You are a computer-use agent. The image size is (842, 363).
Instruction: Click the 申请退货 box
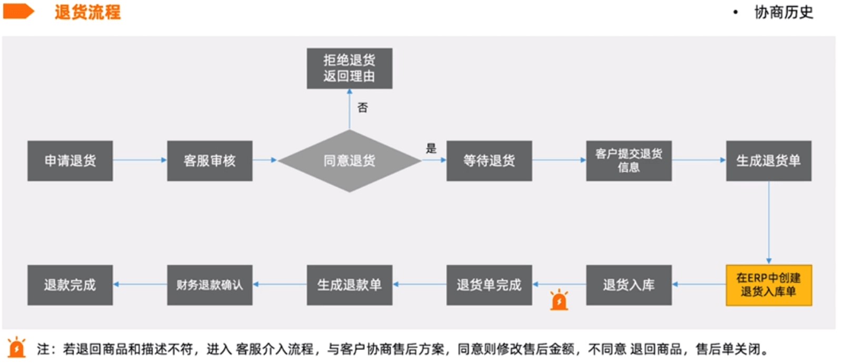(x=70, y=161)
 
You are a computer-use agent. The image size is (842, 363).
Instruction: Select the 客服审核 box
(x=209, y=161)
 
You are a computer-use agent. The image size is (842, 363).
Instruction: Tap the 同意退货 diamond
(x=349, y=161)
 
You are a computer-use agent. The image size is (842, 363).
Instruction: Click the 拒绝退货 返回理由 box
(x=349, y=68)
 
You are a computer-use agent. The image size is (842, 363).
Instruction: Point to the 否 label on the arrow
(x=363, y=108)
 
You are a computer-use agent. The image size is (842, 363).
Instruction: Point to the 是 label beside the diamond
(x=431, y=148)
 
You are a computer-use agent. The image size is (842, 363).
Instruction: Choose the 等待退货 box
(x=489, y=161)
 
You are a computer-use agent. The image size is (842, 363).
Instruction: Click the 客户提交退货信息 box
(x=629, y=161)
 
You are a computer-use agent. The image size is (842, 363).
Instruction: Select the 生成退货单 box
(x=768, y=161)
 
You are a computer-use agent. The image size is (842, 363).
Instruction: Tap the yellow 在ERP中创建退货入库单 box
(x=768, y=285)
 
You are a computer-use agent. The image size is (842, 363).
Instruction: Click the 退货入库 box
(x=629, y=285)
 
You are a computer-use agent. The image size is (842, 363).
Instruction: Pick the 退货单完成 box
(x=489, y=285)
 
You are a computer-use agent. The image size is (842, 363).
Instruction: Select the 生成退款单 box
(x=349, y=285)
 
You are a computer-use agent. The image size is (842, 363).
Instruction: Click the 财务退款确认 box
(x=209, y=285)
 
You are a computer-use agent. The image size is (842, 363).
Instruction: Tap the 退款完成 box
(x=70, y=285)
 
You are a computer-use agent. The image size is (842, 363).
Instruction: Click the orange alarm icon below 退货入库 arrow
(x=559, y=300)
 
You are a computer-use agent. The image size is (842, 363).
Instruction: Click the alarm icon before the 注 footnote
(x=17, y=348)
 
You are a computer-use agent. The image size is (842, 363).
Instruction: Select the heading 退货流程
(x=87, y=12)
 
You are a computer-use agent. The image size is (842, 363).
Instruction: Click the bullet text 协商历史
(x=784, y=12)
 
